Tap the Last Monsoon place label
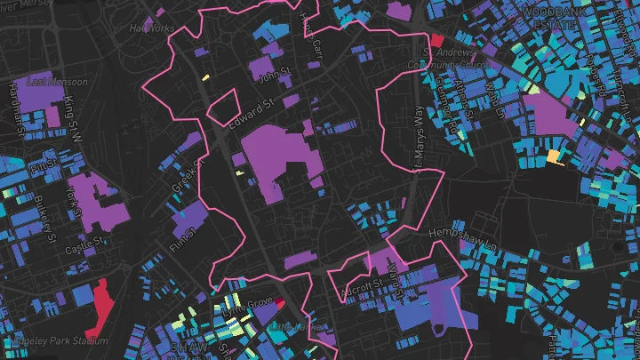(57, 82)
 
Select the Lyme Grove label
(249, 307)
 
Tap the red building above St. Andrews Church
(436, 40)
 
